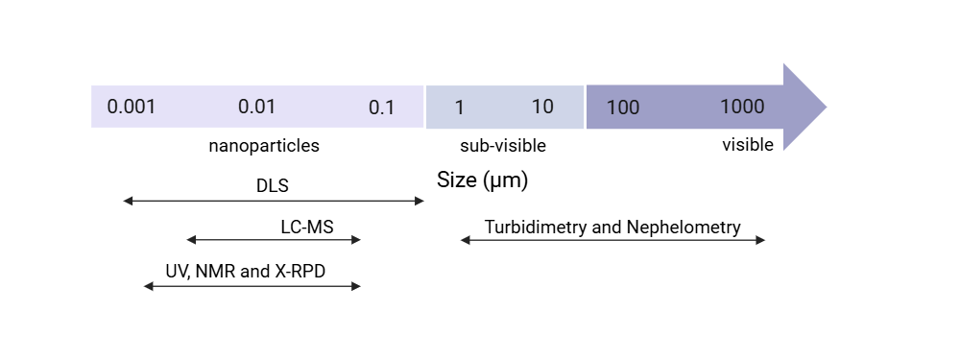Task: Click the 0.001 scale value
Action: pos(132,107)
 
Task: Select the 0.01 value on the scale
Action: pos(257,107)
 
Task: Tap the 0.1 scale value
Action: pos(382,108)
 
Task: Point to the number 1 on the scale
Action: pos(460,108)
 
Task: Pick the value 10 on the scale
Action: pos(542,107)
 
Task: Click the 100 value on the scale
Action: pos(623,108)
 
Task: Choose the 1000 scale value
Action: pos(742,107)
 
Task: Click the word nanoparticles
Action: pos(264,146)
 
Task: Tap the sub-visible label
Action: pos(503,146)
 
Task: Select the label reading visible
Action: pos(748,145)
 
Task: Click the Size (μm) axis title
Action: pos(483,180)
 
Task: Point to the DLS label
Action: pos(273,185)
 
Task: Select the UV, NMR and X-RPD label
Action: pos(246,272)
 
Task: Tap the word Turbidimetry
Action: pos(535,228)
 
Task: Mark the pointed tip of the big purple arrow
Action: pos(826,107)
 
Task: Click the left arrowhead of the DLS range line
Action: pos(126,201)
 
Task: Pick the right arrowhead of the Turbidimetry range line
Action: pos(763,240)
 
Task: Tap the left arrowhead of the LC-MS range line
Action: pos(189,240)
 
